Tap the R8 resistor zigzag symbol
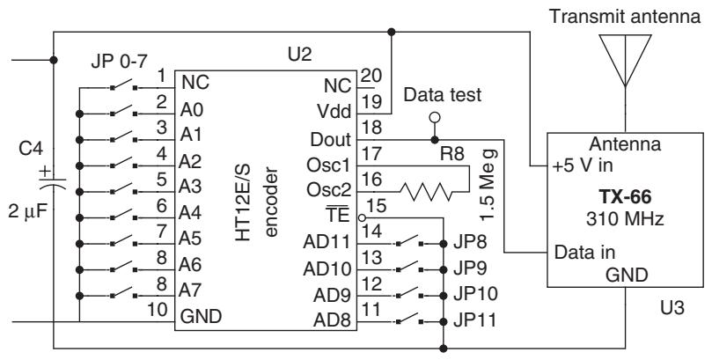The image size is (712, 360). pos(425,192)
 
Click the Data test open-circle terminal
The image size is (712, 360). pos(435,118)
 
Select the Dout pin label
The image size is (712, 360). pos(331,139)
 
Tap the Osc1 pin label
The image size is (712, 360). pos(329,165)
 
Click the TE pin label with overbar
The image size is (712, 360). pos(337,215)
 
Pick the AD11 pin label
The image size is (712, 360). pos(327,242)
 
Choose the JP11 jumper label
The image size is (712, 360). pos(475,321)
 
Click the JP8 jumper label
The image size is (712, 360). pos(470,242)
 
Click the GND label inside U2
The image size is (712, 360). pos(202,316)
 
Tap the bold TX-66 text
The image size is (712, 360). pos(625,197)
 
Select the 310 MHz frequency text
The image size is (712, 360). pos(625,219)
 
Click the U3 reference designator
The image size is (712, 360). pos(672,308)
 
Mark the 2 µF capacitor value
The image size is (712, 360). pos(27,211)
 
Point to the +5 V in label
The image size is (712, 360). pos(582,165)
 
